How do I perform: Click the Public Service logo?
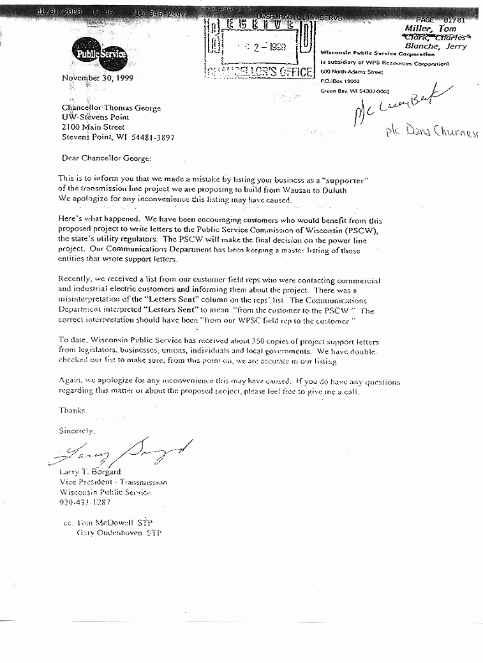(x=100, y=54)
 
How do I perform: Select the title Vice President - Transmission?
(x=113, y=482)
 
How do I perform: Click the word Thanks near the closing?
(x=72, y=410)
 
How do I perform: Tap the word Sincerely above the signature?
(x=77, y=431)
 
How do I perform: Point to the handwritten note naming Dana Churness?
(x=433, y=132)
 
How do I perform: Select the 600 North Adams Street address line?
(x=351, y=73)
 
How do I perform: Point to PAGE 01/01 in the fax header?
(x=441, y=20)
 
